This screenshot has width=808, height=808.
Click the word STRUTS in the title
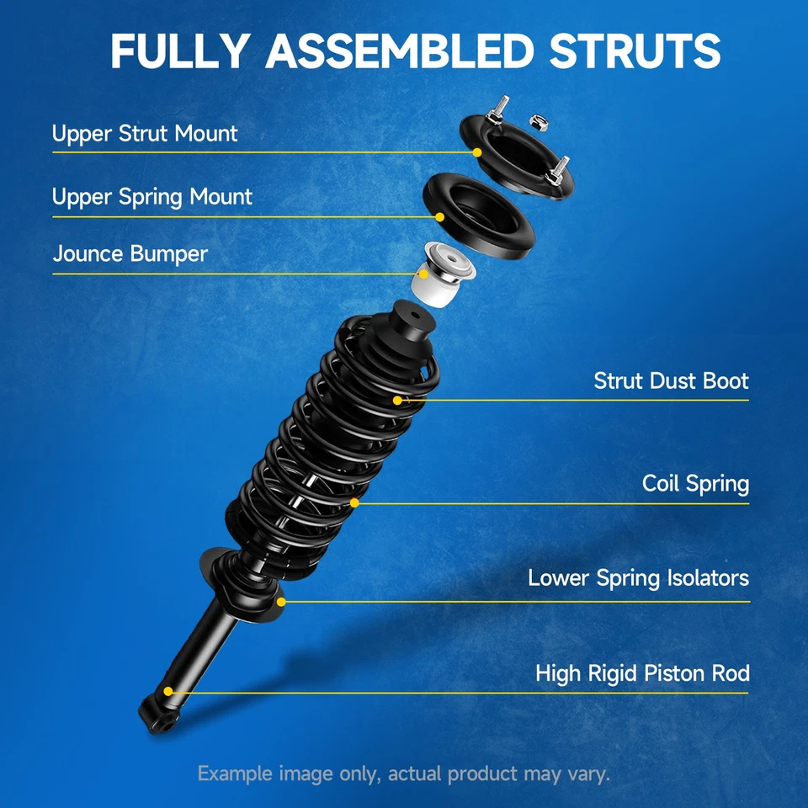point(635,51)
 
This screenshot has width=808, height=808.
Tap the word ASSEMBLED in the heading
point(399,51)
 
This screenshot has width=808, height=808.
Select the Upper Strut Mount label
point(145,134)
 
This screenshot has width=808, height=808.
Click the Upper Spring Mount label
point(151,197)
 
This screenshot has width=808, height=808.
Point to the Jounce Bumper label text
point(130,253)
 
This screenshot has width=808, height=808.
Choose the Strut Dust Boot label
point(671,380)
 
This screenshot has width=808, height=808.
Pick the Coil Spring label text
point(695,484)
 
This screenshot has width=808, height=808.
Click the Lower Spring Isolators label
point(638,578)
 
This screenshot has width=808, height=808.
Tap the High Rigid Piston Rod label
point(642,673)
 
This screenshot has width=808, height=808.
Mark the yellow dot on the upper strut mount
point(477,152)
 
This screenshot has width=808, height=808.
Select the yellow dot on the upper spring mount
point(439,216)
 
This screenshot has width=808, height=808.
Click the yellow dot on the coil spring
point(354,502)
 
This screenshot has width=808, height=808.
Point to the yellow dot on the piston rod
point(168,691)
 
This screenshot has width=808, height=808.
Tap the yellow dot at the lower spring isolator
point(281,601)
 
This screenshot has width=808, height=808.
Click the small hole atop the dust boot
point(414,318)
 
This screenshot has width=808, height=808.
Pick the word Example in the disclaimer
point(233,773)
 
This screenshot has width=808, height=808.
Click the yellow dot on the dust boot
point(398,399)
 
